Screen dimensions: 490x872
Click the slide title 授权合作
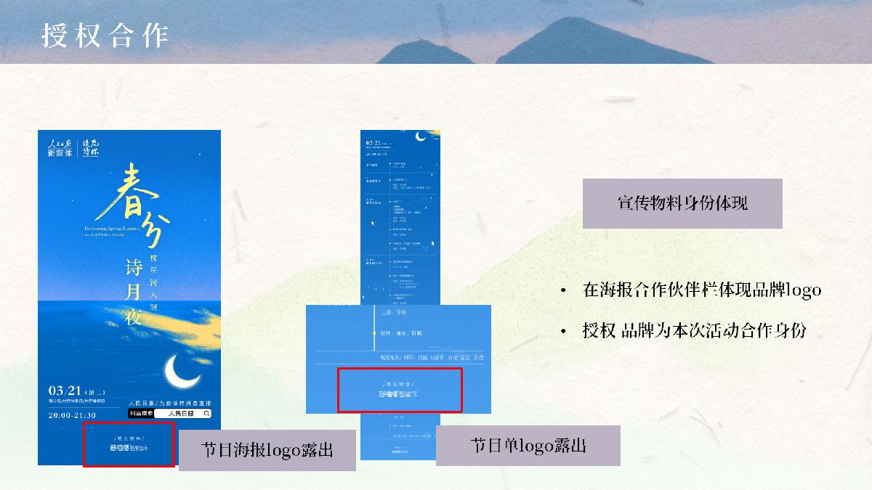click(105, 35)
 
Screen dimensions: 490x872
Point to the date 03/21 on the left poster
click(65, 390)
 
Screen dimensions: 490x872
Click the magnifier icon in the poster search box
click(207, 413)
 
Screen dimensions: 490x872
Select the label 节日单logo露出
click(528, 445)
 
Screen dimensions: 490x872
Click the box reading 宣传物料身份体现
click(682, 203)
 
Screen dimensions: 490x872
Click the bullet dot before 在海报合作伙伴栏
click(563, 291)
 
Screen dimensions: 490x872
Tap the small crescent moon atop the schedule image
click(420, 136)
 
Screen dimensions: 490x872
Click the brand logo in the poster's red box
click(129, 449)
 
